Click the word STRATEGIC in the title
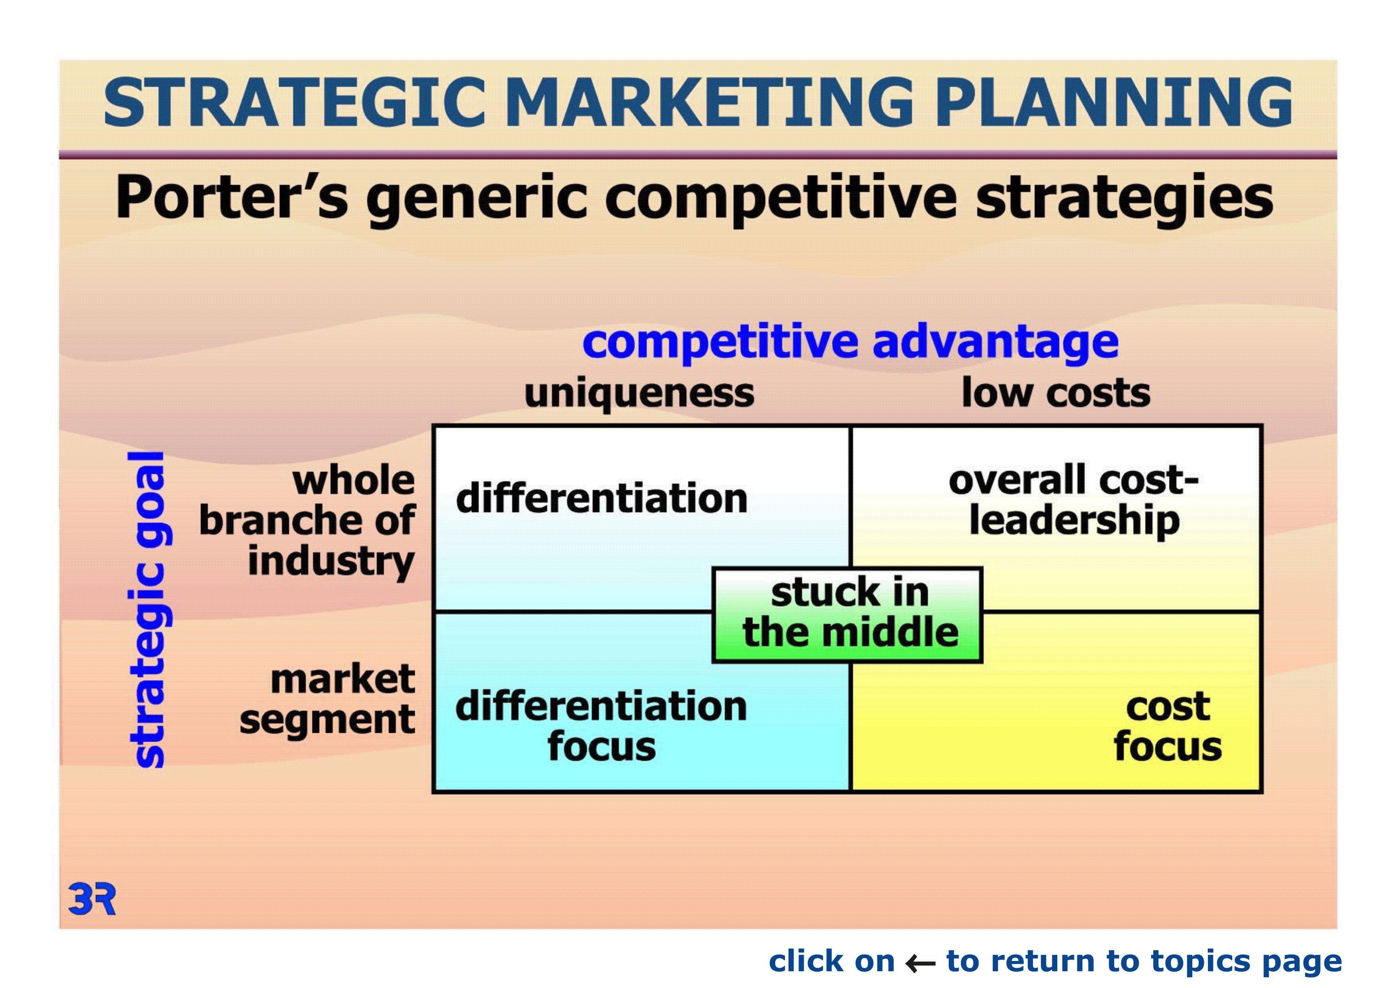tap(294, 102)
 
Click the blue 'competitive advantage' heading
tap(850, 343)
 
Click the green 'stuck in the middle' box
tap(847, 615)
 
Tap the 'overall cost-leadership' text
tap(1074, 500)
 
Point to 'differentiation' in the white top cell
tap(601, 498)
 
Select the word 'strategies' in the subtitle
tap(1125, 200)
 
